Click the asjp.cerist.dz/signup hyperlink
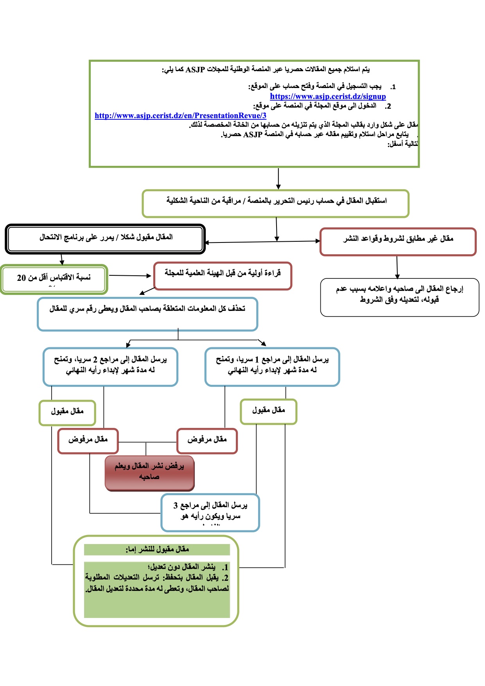(328, 97)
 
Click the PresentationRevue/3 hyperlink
(180, 116)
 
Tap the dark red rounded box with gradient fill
(149, 472)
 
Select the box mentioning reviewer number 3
(210, 512)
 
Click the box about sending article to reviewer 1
(272, 366)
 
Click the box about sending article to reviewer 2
(110, 366)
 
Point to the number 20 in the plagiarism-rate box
(21, 278)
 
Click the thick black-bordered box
(105, 239)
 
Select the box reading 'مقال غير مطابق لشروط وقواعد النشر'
(398, 242)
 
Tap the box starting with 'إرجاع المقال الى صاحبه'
(399, 297)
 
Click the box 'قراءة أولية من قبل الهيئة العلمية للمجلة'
(223, 276)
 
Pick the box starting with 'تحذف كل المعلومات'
(147, 314)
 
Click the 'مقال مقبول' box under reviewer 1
(268, 411)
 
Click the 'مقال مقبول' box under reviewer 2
(67, 413)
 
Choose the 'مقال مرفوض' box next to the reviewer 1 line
(207, 441)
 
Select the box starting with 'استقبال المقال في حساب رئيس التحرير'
(275, 203)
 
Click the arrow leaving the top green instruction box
(278, 179)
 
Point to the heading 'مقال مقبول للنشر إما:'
(157, 550)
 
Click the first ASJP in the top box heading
(195, 70)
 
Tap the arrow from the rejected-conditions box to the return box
(397, 267)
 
